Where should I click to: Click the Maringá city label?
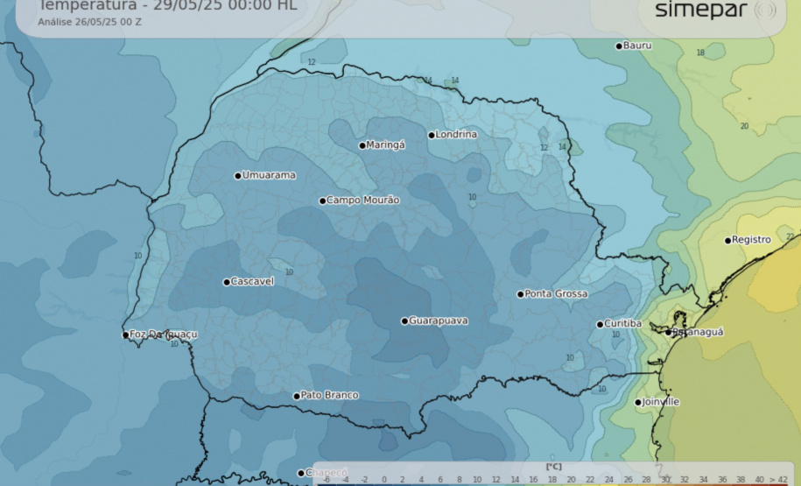386,145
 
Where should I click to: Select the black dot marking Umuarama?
237,175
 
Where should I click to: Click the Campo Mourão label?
363,200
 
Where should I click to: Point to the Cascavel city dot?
226,282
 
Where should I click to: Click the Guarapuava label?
439,320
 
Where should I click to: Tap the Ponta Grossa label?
557,293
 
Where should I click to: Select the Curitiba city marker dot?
600,324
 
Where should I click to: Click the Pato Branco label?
329,395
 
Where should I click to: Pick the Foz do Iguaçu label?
164,335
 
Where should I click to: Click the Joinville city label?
661,402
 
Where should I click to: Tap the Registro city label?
752,239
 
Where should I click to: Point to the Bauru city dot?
619,46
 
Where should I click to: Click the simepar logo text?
701,11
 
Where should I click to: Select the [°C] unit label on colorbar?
553,467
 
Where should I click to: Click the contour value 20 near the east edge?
744,126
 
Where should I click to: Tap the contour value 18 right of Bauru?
700,53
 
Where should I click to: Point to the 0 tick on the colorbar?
384,480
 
